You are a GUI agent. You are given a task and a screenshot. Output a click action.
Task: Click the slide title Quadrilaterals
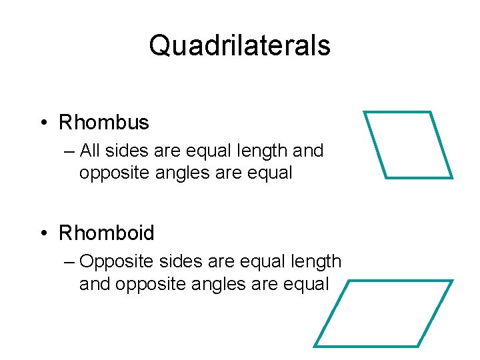(239, 46)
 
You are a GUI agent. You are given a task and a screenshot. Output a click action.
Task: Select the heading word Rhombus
(104, 123)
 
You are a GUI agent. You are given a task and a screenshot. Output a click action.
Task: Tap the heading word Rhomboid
(107, 233)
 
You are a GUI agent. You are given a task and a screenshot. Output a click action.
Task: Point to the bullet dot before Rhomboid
(43, 234)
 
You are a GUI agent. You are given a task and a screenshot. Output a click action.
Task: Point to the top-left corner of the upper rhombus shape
(364, 112)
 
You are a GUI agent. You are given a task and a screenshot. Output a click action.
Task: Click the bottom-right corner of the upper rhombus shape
(452, 178)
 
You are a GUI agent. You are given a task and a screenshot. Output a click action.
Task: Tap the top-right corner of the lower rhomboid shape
(452, 281)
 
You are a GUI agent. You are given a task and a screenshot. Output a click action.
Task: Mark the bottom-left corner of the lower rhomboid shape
(315, 346)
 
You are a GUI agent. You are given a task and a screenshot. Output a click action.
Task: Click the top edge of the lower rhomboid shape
(400, 281)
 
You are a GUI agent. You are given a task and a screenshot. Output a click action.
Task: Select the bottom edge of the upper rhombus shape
(419, 178)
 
